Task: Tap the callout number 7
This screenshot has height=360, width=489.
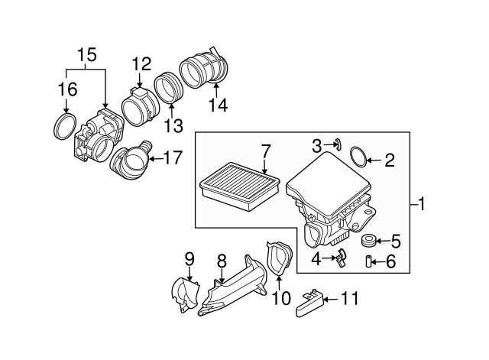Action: [265, 149]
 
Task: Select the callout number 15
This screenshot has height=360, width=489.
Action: [86, 55]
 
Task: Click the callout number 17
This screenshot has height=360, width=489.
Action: [173, 159]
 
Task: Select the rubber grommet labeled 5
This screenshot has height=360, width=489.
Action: [368, 242]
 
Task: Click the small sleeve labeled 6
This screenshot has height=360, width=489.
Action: [368, 263]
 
